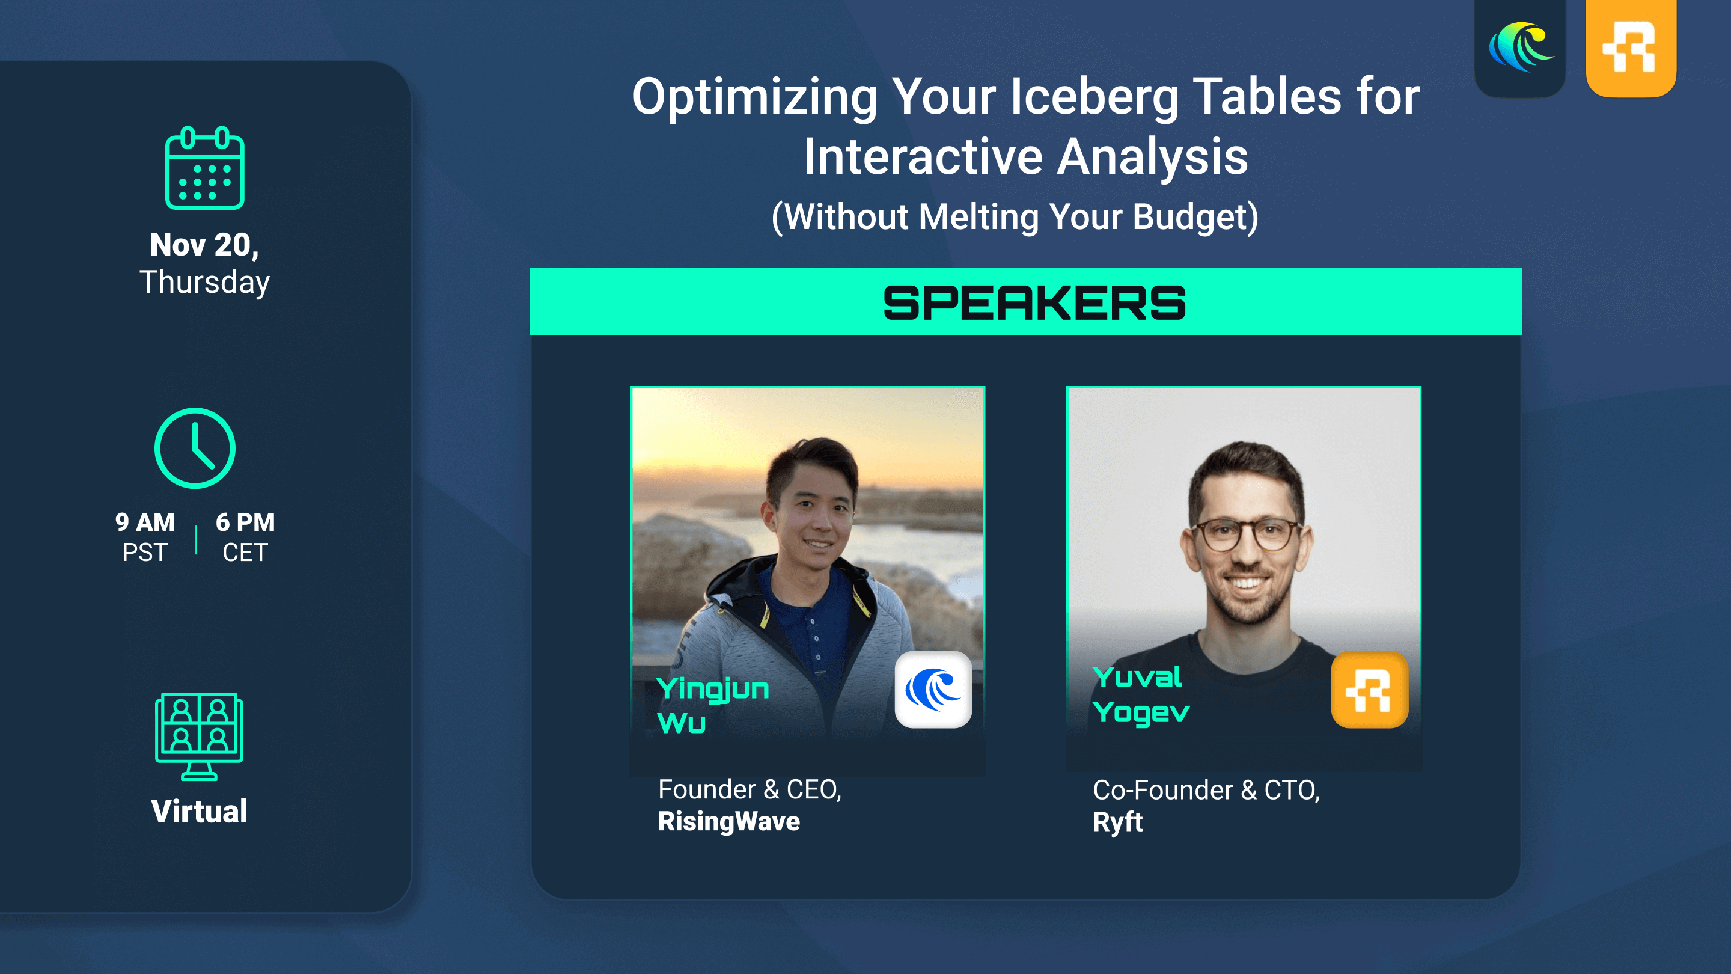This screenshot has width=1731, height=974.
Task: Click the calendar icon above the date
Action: [x=205, y=168]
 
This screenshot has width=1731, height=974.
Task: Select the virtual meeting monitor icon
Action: [x=199, y=736]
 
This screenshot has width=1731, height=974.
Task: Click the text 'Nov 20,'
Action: [x=204, y=245]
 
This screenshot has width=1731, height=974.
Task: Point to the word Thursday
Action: [x=204, y=283]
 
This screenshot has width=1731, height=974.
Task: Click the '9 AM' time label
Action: [x=145, y=522]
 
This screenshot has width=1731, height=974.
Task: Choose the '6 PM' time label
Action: [x=245, y=522]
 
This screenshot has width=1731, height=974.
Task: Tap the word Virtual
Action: [x=199, y=811]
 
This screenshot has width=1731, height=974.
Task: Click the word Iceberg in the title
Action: [x=1094, y=98]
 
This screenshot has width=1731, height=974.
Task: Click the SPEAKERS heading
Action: [x=1034, y=303]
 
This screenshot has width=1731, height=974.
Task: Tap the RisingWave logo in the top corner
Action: [x=1520, y=47]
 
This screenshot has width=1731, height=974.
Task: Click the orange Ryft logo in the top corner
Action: [x=1631, y=47]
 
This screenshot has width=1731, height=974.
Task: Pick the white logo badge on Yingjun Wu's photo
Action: [x=933, y=690]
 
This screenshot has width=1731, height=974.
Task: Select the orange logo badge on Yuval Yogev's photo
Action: [x=1370, y=690]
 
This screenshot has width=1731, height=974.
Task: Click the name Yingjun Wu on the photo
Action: [x=712, y=706]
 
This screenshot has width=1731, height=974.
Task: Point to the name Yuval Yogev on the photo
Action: [x=1141, y=695]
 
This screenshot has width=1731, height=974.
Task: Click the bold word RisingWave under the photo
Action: [x=729, y=821]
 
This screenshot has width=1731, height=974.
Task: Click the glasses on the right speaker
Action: [x=1247, y=535]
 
